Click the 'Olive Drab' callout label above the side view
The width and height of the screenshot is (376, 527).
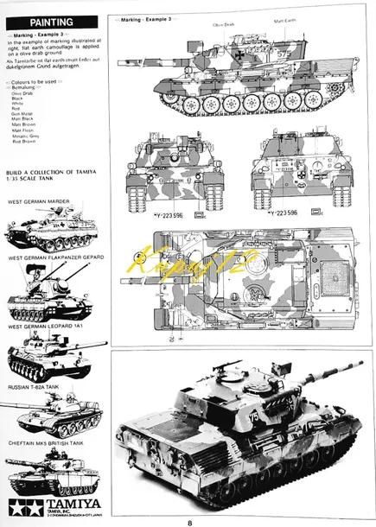pos(223,25)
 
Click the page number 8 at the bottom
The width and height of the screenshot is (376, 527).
pos(188,521)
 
